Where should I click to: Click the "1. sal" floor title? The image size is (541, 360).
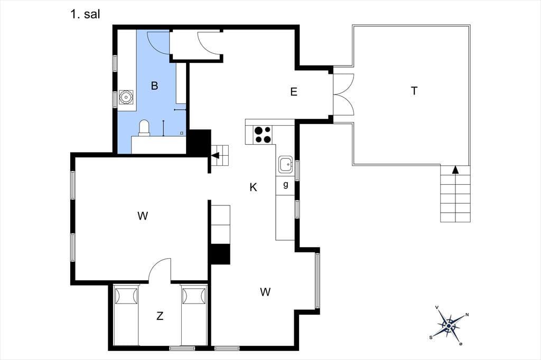[85, 14]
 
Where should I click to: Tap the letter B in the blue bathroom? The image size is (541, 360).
[155, 86]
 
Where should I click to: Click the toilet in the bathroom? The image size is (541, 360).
[144, 127]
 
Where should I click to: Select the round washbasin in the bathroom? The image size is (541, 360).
[126, 97]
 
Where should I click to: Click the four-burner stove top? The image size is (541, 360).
[263, 135]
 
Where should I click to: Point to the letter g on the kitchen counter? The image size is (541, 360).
[286, 185]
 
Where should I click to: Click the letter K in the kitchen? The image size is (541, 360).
[253, 187]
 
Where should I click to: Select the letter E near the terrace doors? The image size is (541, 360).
[294, 92]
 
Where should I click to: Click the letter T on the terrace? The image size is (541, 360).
[414, 91]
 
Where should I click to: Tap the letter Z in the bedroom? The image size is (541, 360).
[160, 316]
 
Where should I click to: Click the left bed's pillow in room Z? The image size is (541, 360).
[126, 296]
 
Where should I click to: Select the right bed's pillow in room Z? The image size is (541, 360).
[193, 296]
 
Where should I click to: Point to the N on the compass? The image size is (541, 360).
[467, 315]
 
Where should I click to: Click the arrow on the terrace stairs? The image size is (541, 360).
[455, 169]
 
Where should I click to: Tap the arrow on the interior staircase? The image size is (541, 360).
[216, 156]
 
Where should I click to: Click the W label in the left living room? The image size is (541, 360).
[143, 216]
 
